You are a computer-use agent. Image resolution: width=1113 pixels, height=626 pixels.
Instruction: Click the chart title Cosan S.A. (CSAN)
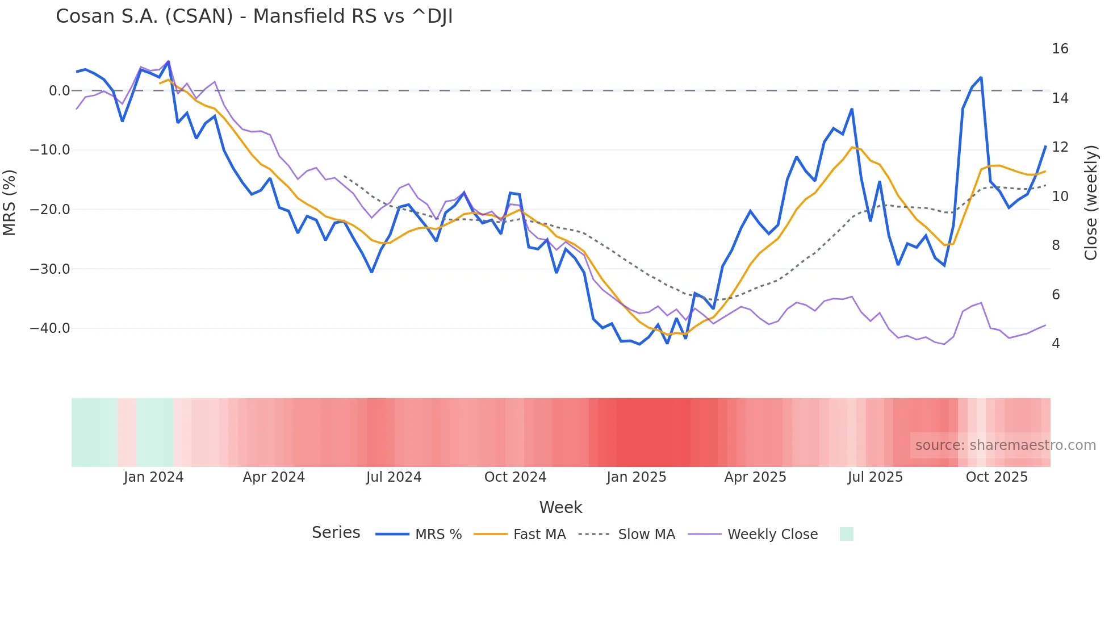click(254, 16)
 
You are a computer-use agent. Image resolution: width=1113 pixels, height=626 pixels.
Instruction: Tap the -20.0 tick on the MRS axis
click(50, 210)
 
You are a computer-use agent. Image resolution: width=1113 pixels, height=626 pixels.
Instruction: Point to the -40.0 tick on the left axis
click(50, 328)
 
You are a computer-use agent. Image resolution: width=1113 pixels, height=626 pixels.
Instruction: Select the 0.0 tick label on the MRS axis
click(59, 91)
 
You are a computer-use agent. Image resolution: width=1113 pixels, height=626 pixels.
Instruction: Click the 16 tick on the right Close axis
click(1060, 49)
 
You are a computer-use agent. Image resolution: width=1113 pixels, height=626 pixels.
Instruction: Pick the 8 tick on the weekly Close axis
click(1056, 245)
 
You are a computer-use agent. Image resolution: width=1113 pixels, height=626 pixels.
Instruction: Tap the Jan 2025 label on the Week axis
click(636, 477)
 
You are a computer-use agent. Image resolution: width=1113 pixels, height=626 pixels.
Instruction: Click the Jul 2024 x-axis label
click(394, 477)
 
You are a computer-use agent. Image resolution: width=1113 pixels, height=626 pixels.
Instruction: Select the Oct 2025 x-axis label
click(997, 477)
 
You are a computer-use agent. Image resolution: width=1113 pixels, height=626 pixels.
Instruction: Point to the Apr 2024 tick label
click(274, 477)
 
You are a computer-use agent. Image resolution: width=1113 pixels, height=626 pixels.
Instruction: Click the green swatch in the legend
click(846, 534)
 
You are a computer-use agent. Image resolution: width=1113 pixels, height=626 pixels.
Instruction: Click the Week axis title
click(560, 507)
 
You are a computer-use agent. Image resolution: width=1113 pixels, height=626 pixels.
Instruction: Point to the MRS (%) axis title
click(10, 203)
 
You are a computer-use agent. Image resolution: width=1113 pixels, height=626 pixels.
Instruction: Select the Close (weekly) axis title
click(1090, 203)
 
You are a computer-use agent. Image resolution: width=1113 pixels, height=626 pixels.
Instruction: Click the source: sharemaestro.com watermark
click(1005, 445)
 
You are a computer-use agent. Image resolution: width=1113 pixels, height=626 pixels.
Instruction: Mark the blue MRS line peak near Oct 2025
click(981, 78)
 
